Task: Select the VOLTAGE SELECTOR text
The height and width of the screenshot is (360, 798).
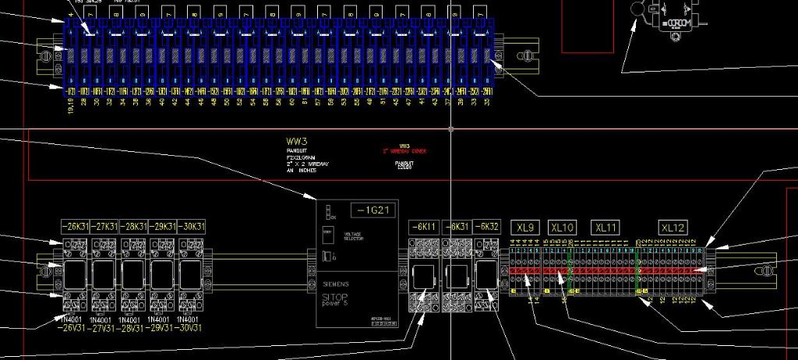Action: pos(353,236)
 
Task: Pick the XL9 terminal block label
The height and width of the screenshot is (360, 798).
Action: pos(525,228)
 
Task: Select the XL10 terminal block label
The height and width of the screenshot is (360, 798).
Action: pos(562,228)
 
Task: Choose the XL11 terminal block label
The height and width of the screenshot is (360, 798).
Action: pos(606,228)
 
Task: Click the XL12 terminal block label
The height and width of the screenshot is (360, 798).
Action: pos(673,228)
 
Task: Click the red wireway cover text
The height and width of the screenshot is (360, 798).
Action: pos(404,151)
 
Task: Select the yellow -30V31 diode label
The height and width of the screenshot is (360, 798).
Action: pos(191,327)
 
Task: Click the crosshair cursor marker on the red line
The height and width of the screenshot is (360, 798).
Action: pos(451,129)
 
